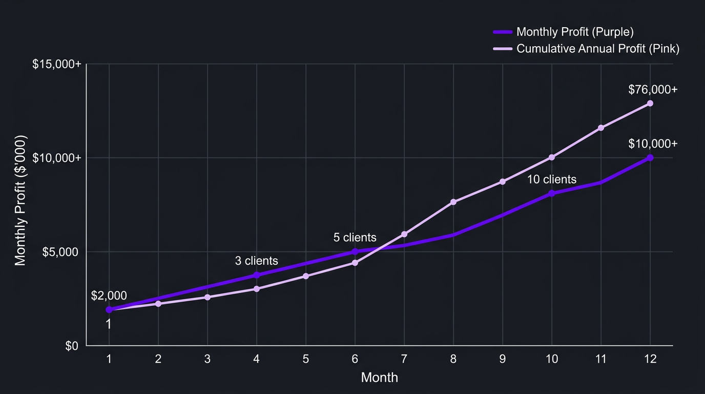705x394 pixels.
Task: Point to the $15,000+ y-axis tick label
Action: (x=57, y=65)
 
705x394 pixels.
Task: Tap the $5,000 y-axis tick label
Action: (x=60, y=252)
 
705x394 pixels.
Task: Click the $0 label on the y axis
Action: (x=72, y=346)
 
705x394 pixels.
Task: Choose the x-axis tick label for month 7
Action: (x=404, y=359)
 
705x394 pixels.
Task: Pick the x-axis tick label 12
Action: (x=650, y=359)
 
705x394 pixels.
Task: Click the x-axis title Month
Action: (x=379, y=378)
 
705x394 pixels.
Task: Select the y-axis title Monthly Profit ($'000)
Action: (x=20, y=201)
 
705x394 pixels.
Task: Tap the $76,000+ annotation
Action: (x=653, y=90)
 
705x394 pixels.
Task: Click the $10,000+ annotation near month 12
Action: (x=653, y=144)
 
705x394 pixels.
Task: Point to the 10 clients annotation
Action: (x=552, y=180)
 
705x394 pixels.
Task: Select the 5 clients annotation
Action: (x=355, y=238)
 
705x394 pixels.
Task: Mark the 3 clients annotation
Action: (x=256, y=261)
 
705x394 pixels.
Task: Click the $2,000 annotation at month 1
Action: (x=109, y=295)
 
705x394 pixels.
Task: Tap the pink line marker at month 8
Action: (x=453, y=202)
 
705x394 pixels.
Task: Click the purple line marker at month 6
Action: (x=355, y=251)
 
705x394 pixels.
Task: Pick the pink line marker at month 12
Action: (x=650, y=103)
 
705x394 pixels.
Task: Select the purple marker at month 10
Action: (x=552, y=193)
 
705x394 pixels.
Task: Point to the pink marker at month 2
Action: (x=158, y=304)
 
